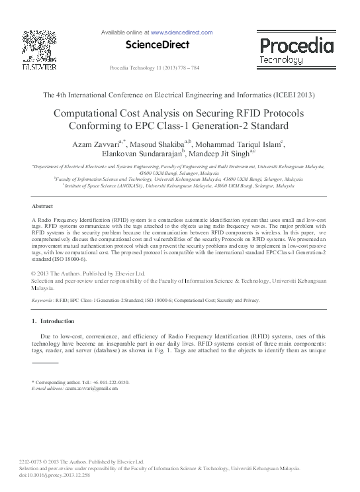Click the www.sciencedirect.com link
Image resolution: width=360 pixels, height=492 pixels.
point(181,32)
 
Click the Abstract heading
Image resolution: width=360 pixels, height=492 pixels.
point(42,207)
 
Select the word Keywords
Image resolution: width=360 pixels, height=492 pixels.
point(43,301)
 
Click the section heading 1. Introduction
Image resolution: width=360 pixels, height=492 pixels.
point(54,321)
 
